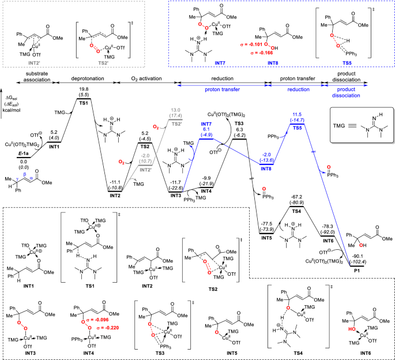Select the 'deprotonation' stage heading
click(x=83, y=73)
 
